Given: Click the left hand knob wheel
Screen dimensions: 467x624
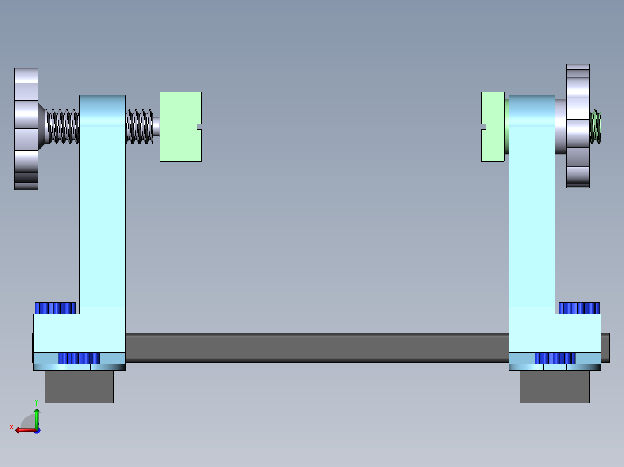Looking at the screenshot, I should pyautogui.click(x=26, y=128).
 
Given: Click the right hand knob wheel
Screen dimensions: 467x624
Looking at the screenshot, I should pyautogui.click(x=578, y=125).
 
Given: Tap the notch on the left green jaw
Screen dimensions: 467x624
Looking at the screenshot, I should pyautogui.click(x=200, y=127).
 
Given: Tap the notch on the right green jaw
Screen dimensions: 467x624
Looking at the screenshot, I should pyautogui.click(x=484, y=126).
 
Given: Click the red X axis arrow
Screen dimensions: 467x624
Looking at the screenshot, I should pyautogui.click(x=24, y=430).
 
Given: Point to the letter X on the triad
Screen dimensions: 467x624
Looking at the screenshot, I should pyautogui.click(x=12, y=428).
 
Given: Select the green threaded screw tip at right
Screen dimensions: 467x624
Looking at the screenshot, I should pyautogui.click(x=596, y=127).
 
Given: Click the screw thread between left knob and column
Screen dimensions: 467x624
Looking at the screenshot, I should pyautogui.click(x=63, y=127).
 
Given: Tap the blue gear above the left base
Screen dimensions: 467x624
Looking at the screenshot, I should pyautogui.click(x=56, y=308).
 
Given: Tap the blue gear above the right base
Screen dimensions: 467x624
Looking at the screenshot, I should pyautogui.click(x=579, y=308).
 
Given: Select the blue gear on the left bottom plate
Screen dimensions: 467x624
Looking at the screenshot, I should pyautogui.click(x=79, y=358).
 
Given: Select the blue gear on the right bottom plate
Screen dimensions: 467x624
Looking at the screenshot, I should pyautogui.click(x=555, y=358).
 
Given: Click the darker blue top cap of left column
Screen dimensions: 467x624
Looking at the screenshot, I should pyautogui.click(x=102, y=110).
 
